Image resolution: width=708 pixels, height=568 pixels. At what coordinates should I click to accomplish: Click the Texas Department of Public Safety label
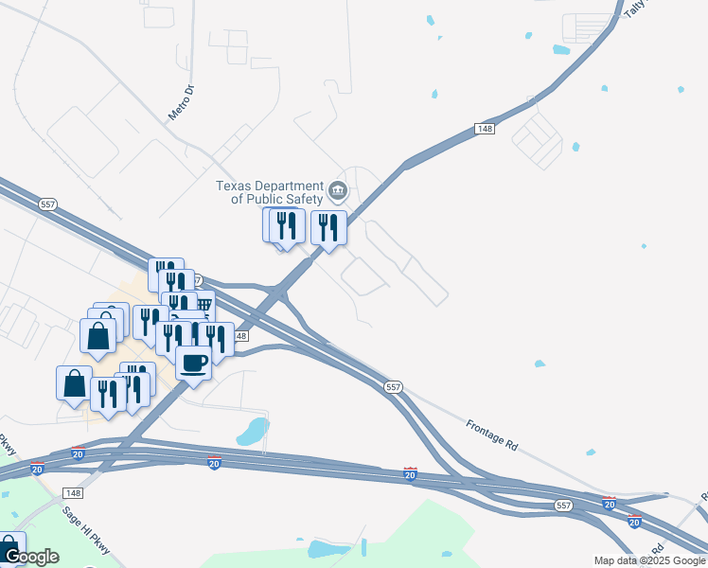pos(270,192)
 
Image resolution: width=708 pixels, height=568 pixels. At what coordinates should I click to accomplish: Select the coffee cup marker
pos(194,363)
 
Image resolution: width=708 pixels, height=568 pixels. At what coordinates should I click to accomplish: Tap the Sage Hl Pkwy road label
pos(86,530)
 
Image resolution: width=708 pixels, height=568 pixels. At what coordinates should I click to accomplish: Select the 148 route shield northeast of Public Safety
pos(486,129)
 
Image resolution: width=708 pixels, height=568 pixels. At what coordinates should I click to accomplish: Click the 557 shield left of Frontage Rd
pos(395,387)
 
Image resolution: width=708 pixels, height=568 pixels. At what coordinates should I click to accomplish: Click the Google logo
pos(30,557)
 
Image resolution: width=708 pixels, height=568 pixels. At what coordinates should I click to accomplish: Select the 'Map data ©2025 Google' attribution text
pos(649,560)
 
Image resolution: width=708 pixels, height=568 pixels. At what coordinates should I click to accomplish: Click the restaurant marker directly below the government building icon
pos(328,227)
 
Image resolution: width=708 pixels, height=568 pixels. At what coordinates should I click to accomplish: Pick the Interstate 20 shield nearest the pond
pos(215,462)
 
